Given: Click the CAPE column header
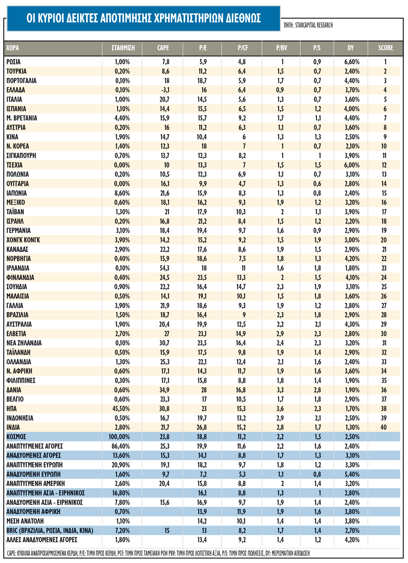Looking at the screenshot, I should pos(163,48).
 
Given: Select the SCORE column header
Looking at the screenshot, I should pos(385,48).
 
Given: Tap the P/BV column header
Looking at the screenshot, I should pos(282,48).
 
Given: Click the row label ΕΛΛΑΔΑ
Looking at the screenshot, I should pos(16,90).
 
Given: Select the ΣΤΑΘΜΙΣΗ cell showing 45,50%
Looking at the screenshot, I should pos(121,408).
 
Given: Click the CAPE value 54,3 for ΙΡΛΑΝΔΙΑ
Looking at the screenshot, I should pos(164,268).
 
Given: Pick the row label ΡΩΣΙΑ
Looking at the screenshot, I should pos(13,62).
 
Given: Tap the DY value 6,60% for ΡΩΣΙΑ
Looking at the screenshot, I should pos(352,62).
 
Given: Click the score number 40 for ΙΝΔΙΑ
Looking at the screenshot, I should pos(384,427).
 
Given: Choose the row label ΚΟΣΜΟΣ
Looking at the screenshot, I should pos(16,437).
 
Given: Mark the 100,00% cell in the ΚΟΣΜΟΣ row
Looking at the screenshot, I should pos(119,437).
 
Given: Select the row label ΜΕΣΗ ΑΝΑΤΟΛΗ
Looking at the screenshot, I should pos(25,521).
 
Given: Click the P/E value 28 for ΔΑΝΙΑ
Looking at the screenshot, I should pos(204,390).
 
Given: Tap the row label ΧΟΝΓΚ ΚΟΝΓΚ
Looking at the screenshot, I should pos(23,240).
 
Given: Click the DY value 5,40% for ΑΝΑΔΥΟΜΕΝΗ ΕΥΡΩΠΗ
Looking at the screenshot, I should pos(352,474).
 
